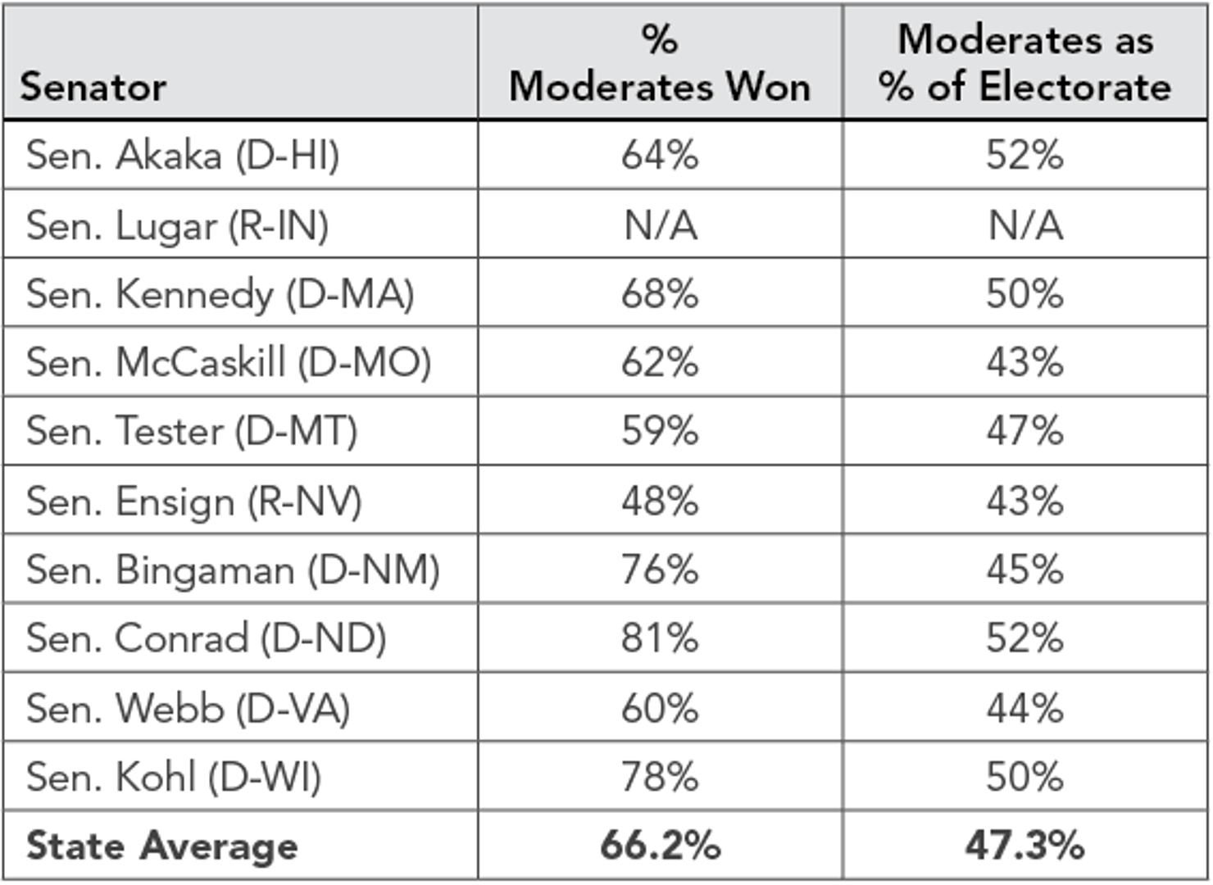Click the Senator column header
[93, 87]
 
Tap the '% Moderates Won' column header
[660, 63]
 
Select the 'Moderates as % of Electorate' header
[1024, 63]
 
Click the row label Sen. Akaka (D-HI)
[182, 155]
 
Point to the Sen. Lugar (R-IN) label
[177, 225]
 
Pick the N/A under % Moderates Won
[661, 225]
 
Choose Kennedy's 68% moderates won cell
[660, 293]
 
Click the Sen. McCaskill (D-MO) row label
[229, 362]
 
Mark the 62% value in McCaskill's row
[660, 362]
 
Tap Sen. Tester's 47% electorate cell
[1024, 431]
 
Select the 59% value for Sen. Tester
[660, 431]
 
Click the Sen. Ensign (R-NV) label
[193, 501]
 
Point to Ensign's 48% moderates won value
[660, 501]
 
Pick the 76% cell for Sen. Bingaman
[660, 570]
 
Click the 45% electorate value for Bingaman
[1024, 570]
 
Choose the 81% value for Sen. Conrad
[660, 638]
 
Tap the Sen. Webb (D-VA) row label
[188, 708]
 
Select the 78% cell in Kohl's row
[660, 777]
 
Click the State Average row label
[162, 846]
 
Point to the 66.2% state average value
[660, 846]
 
